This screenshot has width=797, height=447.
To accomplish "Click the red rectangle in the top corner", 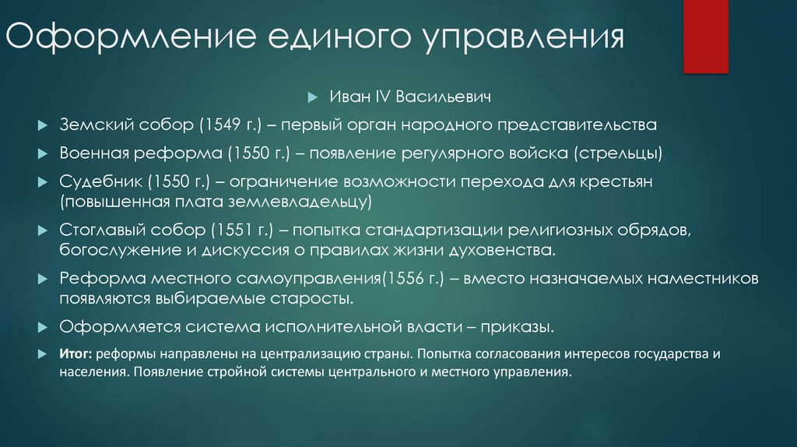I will pyautogui.click(x=705, y=35).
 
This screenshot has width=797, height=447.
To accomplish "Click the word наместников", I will pyautogui.click(x=704, y=278).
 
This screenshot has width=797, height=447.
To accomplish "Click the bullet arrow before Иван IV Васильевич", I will pyautogui.click(x=313, y=99).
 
